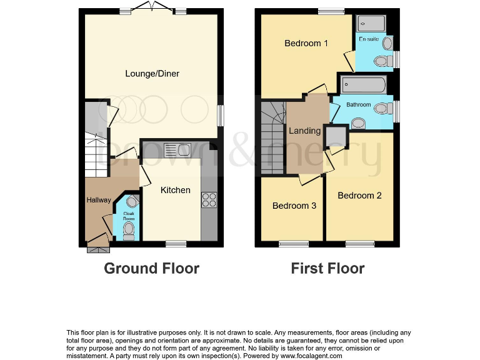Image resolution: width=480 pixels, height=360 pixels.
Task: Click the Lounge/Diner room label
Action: (x=152, y=74)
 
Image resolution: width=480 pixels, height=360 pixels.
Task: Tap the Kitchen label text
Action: (x=175, y=190)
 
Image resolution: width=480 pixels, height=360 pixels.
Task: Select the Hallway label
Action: (x=99, y=201)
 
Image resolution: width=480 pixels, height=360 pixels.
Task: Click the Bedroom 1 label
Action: (x=306, y=43)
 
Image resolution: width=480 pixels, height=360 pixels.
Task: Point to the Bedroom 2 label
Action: (x=359, y=196)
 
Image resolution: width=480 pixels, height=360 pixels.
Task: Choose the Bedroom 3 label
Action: (x=294, y=206)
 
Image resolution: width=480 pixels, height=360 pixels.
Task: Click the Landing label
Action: (x=304, y=131)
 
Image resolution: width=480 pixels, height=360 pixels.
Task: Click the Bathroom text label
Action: (x=359, y=105)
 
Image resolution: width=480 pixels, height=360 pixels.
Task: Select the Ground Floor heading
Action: (x=151, y=269)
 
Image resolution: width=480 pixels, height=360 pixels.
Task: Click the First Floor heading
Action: (x=327, y=269)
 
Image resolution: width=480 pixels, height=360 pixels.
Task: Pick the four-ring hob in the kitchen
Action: (x=208, y=200)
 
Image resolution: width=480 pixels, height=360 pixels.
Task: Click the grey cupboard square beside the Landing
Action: (x=336, y=135)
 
